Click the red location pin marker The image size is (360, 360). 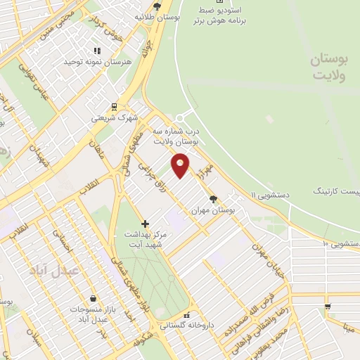[181, 164]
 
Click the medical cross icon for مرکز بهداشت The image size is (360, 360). [146, 224]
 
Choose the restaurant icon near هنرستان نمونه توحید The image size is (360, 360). [97, 51]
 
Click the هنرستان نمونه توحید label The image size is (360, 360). [98, 62]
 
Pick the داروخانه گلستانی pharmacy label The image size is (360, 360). [186, 326]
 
